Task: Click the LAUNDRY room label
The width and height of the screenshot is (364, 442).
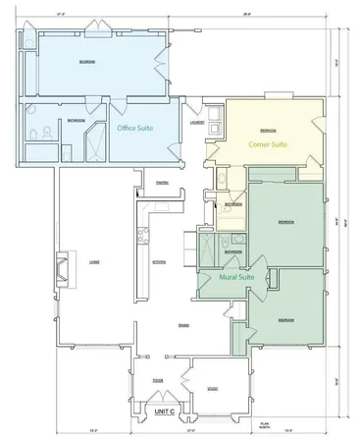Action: (197, 123)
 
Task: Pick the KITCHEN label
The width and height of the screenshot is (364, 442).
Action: (158, 261)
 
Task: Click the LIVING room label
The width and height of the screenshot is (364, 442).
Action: (94, 261)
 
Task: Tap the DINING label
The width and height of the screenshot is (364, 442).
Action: (184, 325)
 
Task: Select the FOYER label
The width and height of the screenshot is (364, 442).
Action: (157, 378)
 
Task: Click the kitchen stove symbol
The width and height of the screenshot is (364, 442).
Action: (142, 234)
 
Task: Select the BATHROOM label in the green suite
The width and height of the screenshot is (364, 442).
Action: (233, 251)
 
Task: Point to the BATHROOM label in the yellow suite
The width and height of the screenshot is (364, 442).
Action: (233, 204)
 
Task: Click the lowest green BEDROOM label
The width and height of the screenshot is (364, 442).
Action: (286, 320)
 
